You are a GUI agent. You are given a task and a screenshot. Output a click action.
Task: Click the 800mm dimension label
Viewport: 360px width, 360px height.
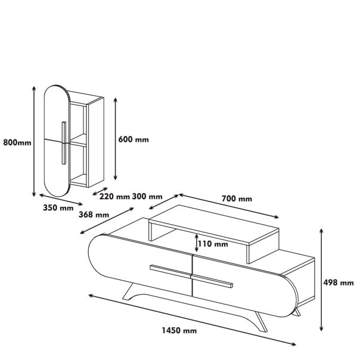pyautogui.click(x=17, y=142)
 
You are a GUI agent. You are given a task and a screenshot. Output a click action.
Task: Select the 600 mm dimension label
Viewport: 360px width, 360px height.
pyautogui.click(x=134, y=139)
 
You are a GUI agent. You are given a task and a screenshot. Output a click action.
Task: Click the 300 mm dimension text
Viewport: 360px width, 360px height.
pyautogui.click(x=148, y=196)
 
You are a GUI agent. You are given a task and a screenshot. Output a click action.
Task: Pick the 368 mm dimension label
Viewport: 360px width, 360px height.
pyautogui.click(x=95, y=215)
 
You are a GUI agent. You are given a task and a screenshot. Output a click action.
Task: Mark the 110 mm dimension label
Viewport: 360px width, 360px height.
pyautogui.click(x=213, y=244)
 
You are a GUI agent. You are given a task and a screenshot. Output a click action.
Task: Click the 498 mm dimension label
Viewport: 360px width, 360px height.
pyautogui.click(x=339, y=283)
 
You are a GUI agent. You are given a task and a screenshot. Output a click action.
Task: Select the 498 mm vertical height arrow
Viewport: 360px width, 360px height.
pyautogui.click(x=322, y=280)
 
